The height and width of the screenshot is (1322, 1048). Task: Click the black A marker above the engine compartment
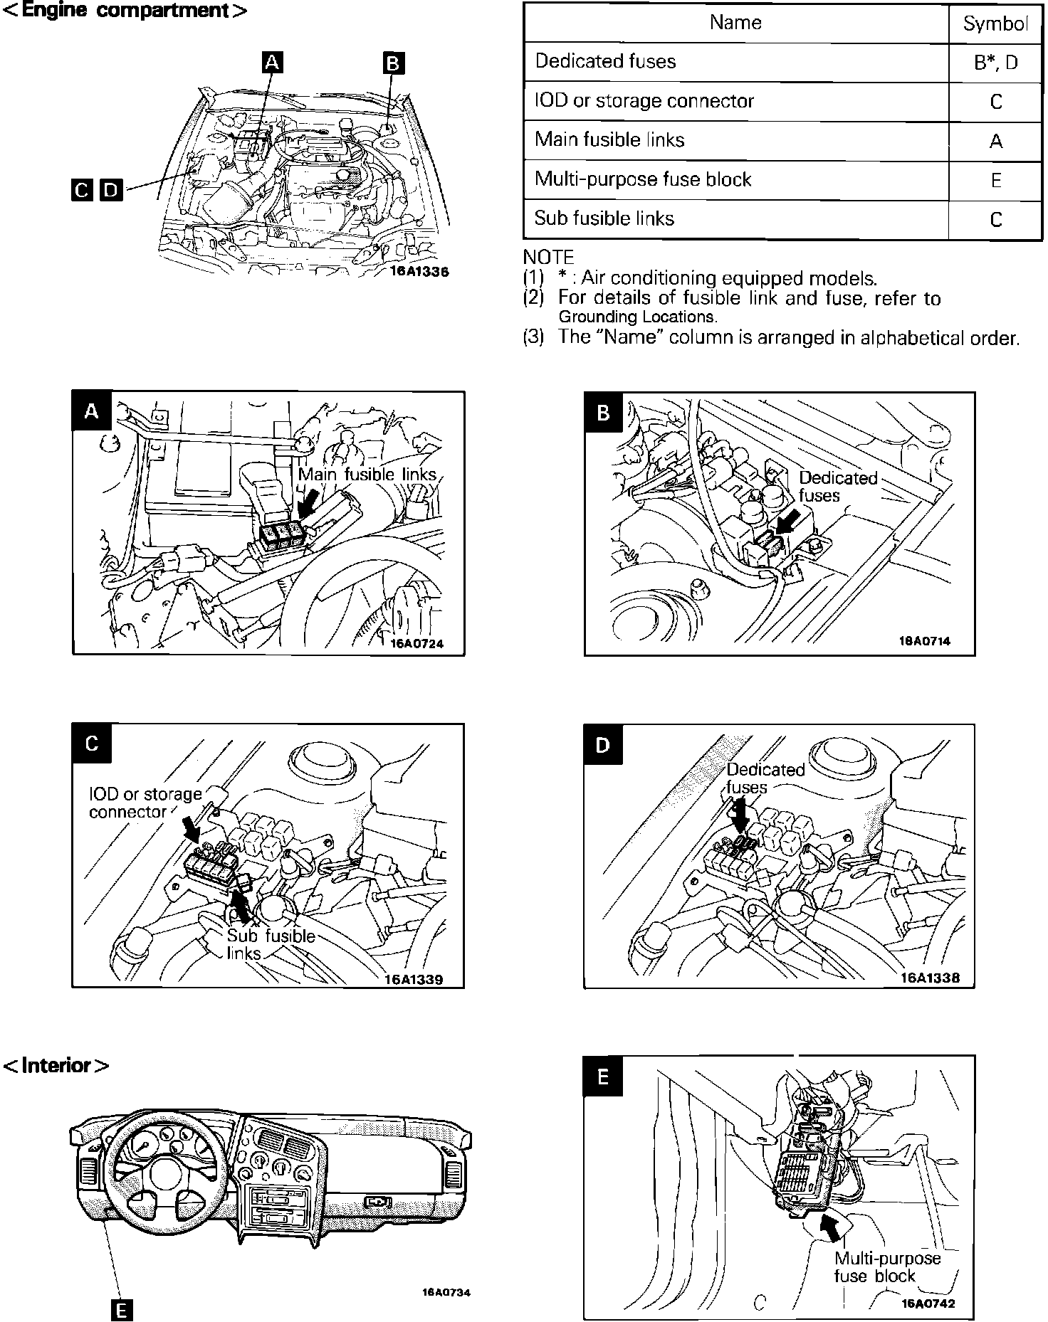[272, 63]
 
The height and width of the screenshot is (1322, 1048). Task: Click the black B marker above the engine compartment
[393, 63]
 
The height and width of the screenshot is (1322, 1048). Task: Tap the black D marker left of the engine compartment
[111, 190]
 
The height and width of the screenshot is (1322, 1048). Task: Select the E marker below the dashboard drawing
[121, 1310]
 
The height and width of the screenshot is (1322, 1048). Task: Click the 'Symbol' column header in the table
[995, 23]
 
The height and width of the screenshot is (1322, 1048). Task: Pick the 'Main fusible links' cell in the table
[609, 139]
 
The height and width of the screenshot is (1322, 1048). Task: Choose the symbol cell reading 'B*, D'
[995, 63]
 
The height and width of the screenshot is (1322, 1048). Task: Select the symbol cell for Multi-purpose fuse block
[995, 180]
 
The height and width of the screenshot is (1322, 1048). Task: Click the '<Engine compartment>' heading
[125, 11]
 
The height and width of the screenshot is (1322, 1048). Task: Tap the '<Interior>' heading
[57, 1065]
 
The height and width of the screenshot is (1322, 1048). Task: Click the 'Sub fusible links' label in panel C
[270, 944]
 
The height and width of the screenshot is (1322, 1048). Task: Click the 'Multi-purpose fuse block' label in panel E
[887, 1267]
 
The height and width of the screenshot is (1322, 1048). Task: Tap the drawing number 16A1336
[419, 271]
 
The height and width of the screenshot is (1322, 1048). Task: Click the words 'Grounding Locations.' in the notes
[637, 317]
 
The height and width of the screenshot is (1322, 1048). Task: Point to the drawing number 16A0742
[928, 1304]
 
